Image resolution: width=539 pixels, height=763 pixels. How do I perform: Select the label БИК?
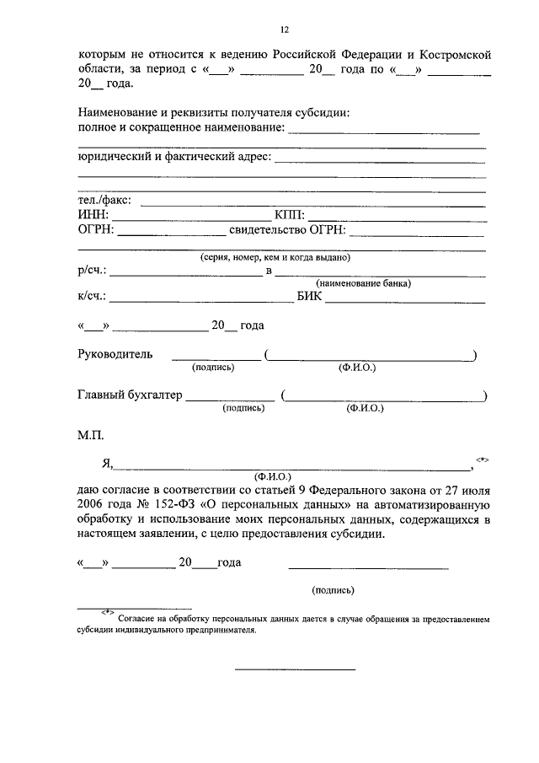(308, 296)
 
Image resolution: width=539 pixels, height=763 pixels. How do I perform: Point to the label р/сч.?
(92, 271)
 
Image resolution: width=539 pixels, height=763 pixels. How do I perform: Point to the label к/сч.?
(92, 296)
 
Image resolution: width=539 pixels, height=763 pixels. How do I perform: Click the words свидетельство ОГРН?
(286, 229)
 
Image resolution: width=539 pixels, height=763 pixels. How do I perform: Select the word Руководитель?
(115, 354)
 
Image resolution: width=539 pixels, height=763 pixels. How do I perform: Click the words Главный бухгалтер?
(129, 395)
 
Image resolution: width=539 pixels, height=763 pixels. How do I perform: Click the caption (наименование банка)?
(364, 283)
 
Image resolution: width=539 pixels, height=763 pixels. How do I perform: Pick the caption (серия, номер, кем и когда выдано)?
(275, 257)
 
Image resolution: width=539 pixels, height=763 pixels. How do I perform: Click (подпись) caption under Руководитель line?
(214, 368)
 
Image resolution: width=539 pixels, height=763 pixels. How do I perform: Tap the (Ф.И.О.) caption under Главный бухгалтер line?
(365, 408)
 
